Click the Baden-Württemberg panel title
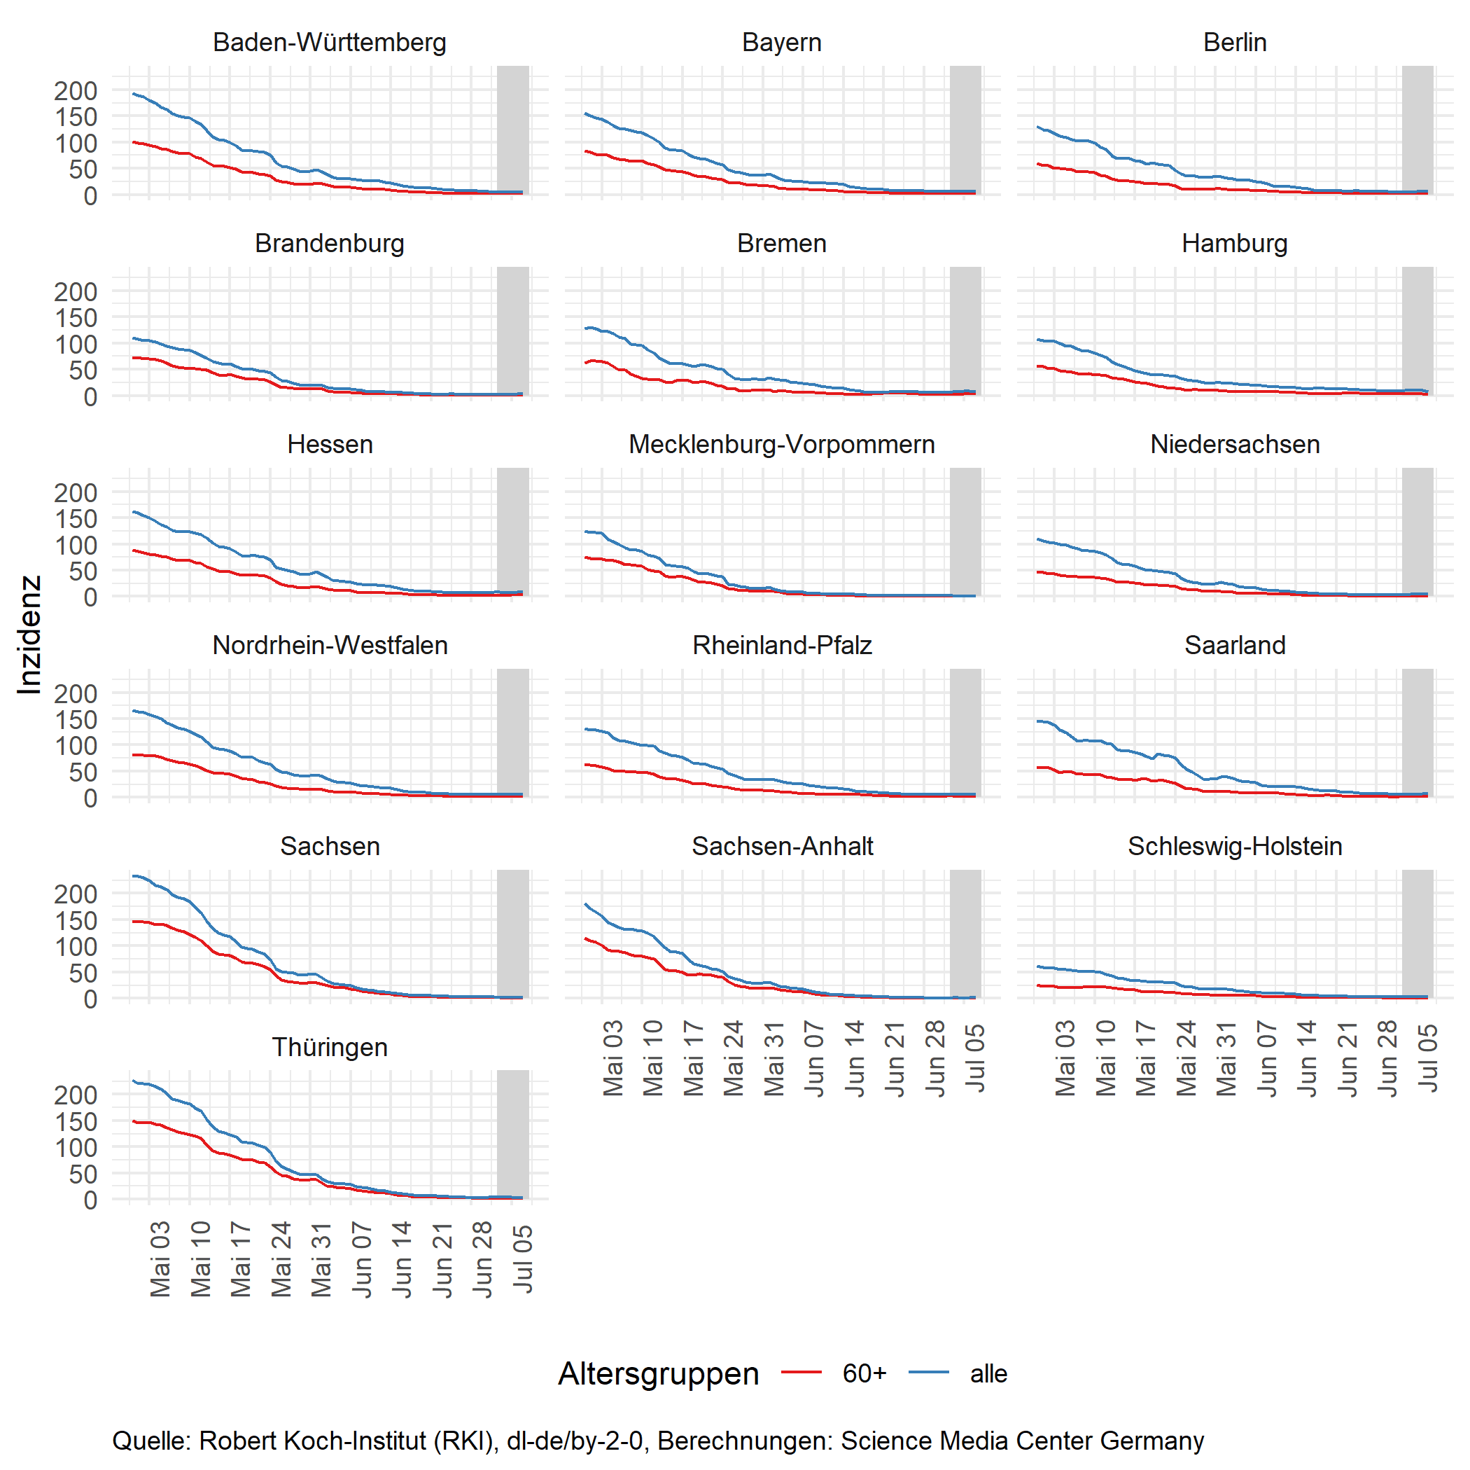[330, 43]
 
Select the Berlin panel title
[1234, 43]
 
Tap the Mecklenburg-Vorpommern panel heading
[781, 445]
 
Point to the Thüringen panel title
[330, 1048]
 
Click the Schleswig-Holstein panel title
[1234, 847]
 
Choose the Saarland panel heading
[1234, 646]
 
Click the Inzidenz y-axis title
[29, 635]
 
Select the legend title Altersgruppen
[658, 1374]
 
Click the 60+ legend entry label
[864, 1374]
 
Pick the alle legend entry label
[988, 1374]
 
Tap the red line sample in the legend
[801, 1372]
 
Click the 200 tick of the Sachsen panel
[77, 894]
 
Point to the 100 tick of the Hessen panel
[77, 544]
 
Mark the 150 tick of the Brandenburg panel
[77, 317]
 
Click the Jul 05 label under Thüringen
[523, 1260]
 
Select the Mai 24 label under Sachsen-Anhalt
[734, 1059]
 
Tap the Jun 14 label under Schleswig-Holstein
[1308, 1059]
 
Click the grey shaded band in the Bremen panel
[965, 331]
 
